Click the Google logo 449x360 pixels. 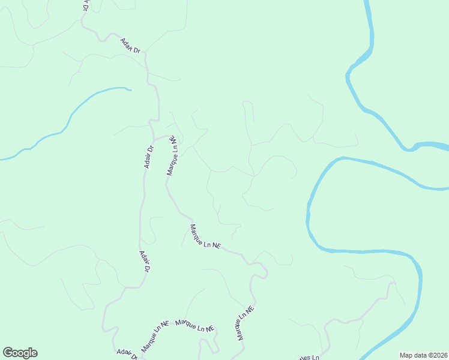coord(20,353)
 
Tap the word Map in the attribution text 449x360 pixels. coord(406,355)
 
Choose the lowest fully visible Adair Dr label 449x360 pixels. coord(144,262)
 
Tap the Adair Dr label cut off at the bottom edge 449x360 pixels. coord(127,355)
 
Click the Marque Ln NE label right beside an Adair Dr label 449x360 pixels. coord(173,155)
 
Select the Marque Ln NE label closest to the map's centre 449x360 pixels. coord(205,237)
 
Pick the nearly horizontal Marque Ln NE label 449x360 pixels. coord(195,326)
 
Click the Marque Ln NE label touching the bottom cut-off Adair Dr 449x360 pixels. coord(154,336)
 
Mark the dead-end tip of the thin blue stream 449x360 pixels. coord(130,90)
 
